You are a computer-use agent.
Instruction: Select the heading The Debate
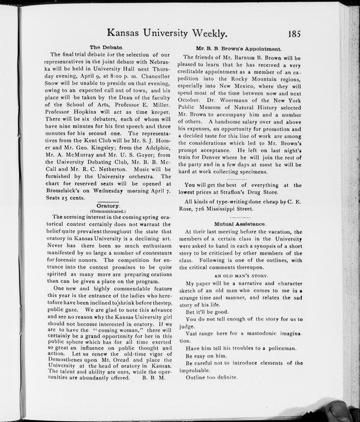tap(106, 47)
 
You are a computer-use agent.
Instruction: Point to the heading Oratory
tap(109, 206)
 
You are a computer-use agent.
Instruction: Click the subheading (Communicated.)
tap(108, 212)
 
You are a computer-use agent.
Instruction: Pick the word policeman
tap(278, 348)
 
